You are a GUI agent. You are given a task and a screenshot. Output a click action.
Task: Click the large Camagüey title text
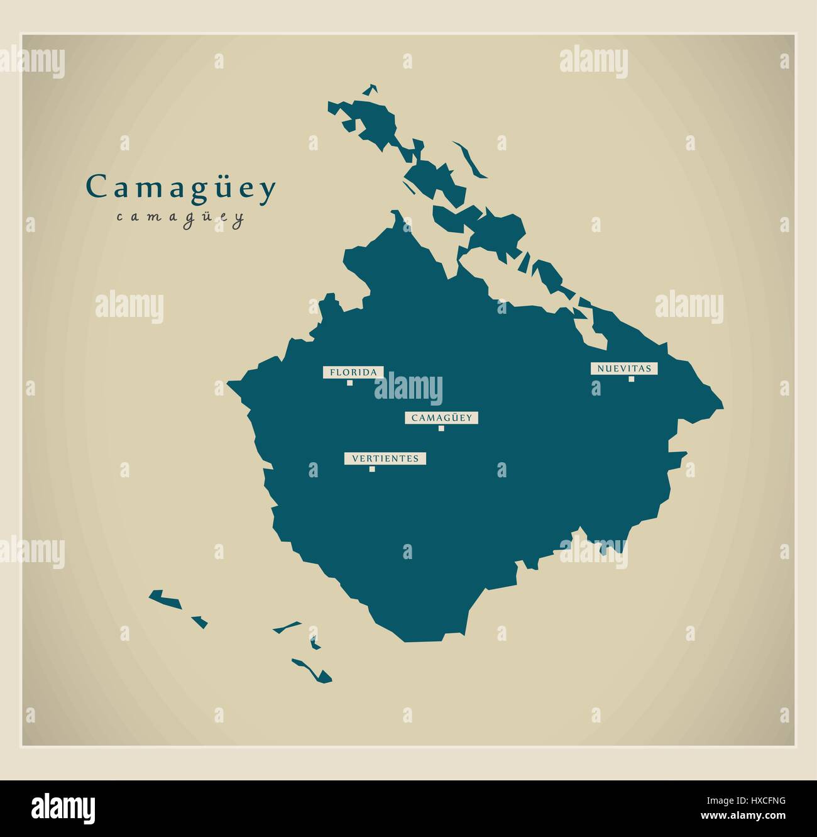[x=181, y=188]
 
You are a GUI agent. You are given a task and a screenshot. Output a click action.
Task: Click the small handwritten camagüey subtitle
[x=180, y=218]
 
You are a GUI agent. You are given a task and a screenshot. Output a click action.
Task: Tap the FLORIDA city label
[x=353, y=372]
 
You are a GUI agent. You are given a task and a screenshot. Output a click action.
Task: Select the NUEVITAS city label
[x=623, y=369]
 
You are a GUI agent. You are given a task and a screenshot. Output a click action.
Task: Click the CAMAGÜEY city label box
[x=442, y=418]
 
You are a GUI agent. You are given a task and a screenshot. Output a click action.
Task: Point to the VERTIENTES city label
[x=385, y=458]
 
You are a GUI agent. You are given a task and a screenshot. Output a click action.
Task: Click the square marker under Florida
[x=349, y=382]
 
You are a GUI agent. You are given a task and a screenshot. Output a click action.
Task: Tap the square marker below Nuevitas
[x=631, y=379]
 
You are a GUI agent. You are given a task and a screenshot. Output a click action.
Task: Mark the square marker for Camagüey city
[x=441, y=428]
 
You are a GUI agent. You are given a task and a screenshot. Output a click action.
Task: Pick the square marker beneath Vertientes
[x=372, y=468]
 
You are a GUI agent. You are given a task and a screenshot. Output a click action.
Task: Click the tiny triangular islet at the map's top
[x=371, y=90]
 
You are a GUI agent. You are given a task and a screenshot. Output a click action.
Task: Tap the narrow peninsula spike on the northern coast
[x=397, y=219]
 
